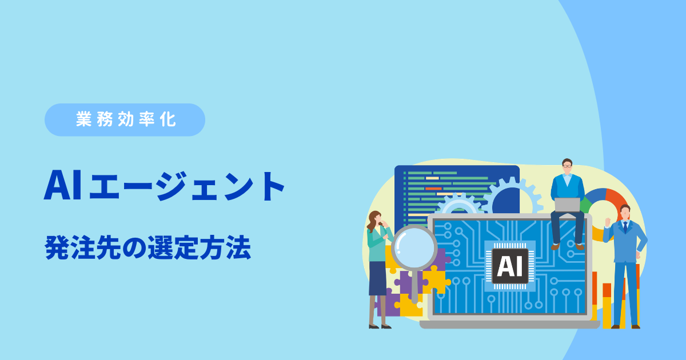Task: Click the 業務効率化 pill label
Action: point(125,119)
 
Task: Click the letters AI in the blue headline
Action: point(63,186)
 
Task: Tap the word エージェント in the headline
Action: point(187,186)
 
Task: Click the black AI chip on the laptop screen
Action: point(510,266)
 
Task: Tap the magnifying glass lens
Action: point(414,247)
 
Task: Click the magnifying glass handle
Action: point(414,286)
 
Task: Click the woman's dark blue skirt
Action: point(378,278)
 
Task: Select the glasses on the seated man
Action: point(567,166)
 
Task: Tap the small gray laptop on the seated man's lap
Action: point(567,205)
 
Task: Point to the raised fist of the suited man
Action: point(608,222)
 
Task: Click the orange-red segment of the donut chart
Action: point(616,201)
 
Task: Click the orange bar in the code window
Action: point(433,189)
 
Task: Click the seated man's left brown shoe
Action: point(555,246)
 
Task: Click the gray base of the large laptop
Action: point(509,325)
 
